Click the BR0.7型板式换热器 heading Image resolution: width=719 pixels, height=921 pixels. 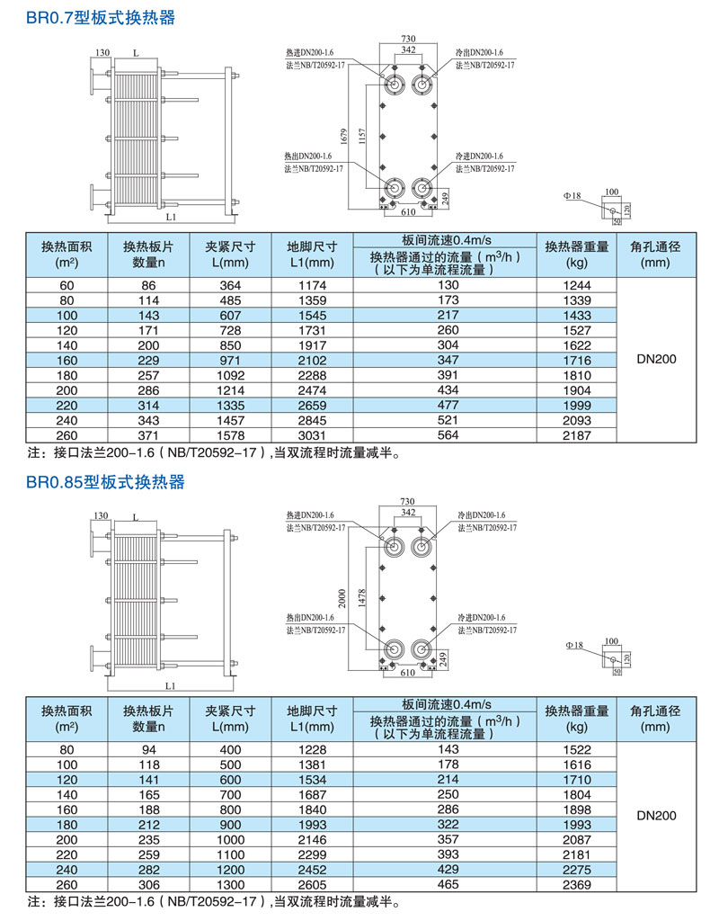click(x=100, y=18)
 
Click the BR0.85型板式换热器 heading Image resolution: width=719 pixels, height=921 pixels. click(x=104, y=483)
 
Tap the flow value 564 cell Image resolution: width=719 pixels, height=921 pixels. click(x=448, y=435)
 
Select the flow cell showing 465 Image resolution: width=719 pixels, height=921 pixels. click(x=448, y=886)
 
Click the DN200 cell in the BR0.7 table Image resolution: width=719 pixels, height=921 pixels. click(x=656, y=360)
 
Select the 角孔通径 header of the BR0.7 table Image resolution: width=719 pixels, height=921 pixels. click(x=656, y=254)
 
